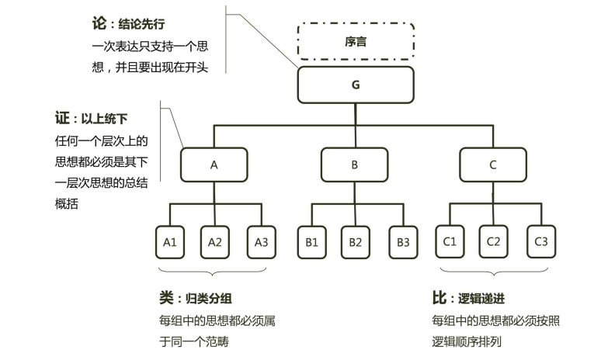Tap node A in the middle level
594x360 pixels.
click(x=214, y=164)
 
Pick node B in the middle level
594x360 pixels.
click(x=355, y=164)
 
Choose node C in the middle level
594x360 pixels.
click(x=493, y=164)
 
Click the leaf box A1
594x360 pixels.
click(x=170, y=242)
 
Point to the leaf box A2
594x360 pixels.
click(x=215, y=242)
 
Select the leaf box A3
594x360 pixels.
click(x=261, y=242)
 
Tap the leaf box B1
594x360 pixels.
click(x=311, y=242)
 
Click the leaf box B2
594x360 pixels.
click(x=355, y=242)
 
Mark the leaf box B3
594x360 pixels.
click(x=403, y=242)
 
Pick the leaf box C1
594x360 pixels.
click(x=449, y=242)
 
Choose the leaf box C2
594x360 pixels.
click(x=493, y=242)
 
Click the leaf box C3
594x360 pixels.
click(x=541, y=242)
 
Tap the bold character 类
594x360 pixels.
click(x=166, y=298)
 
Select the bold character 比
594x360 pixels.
click(x=439, y=298)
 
